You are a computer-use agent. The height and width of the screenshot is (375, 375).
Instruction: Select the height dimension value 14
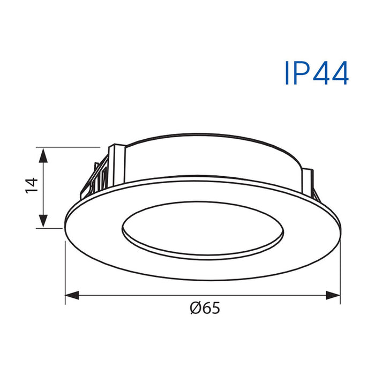click(32, 184)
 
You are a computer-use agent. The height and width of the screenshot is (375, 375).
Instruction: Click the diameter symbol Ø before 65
click(196, 308)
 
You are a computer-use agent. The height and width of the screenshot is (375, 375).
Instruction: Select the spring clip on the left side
click(96, 177)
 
